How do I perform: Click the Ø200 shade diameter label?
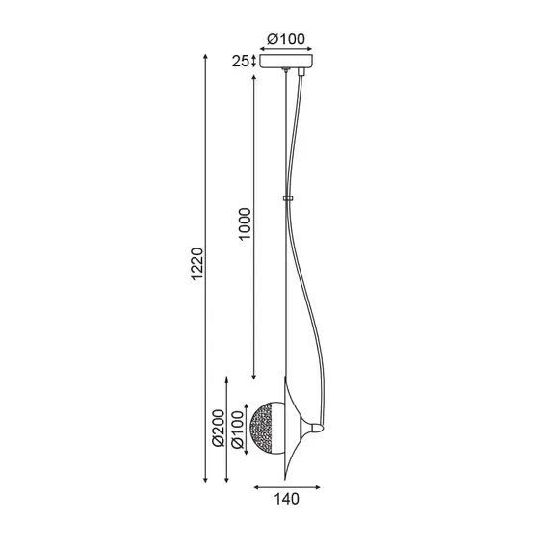click(218, 430)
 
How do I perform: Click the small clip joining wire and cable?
click(287, 199)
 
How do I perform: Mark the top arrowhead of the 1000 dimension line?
click(254, 73)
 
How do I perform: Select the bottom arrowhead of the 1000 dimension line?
click(254, 378)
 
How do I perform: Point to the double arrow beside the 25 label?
click(252, 62)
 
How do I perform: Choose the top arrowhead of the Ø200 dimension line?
click(225, 379)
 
